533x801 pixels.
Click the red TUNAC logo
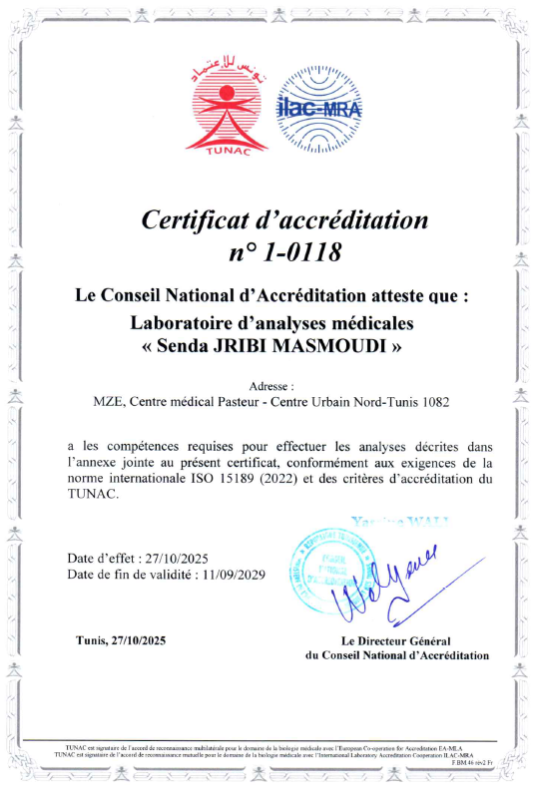pyautogui.click(x=228, y=108)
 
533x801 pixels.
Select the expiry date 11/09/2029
pyautogui.click(x=229, y=575)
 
